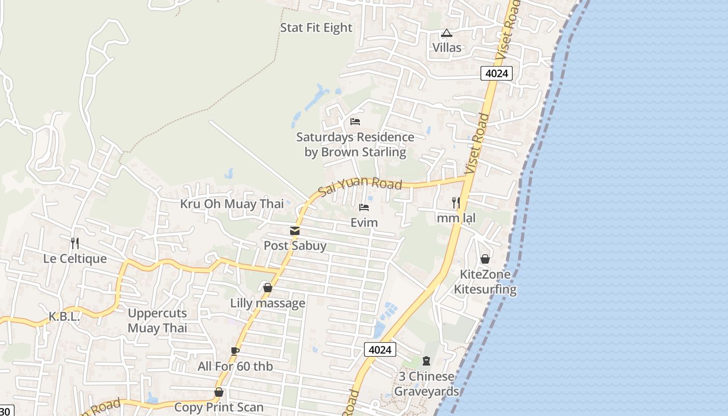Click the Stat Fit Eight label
[x=316, y=28]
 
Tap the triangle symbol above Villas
[x=446, y=33]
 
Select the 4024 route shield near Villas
[x=496, y=73]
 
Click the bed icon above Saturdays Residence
[x=355, y=122]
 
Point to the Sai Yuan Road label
[x=360, y=185]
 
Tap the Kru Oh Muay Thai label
[x=232, y=203]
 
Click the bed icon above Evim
[x=364, y=207]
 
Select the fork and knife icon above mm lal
[x=456, y=203]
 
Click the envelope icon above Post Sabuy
[x=295, y=231]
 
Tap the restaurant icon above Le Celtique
[x=75, y=243]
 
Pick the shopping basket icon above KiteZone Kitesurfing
[x=485, y=259]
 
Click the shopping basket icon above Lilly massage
[x=268, y=288]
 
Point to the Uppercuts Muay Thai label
[x=157, y=320]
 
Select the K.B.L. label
[x=64, y=316]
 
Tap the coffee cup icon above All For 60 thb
[x=235, y=351]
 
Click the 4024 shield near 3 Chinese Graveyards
[x=380, y=349]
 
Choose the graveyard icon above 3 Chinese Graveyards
[x=426, y=360]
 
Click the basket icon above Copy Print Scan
[x=219, y=392]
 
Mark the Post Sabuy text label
[x=295, y=245]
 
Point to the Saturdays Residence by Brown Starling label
[x=355, y=145]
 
